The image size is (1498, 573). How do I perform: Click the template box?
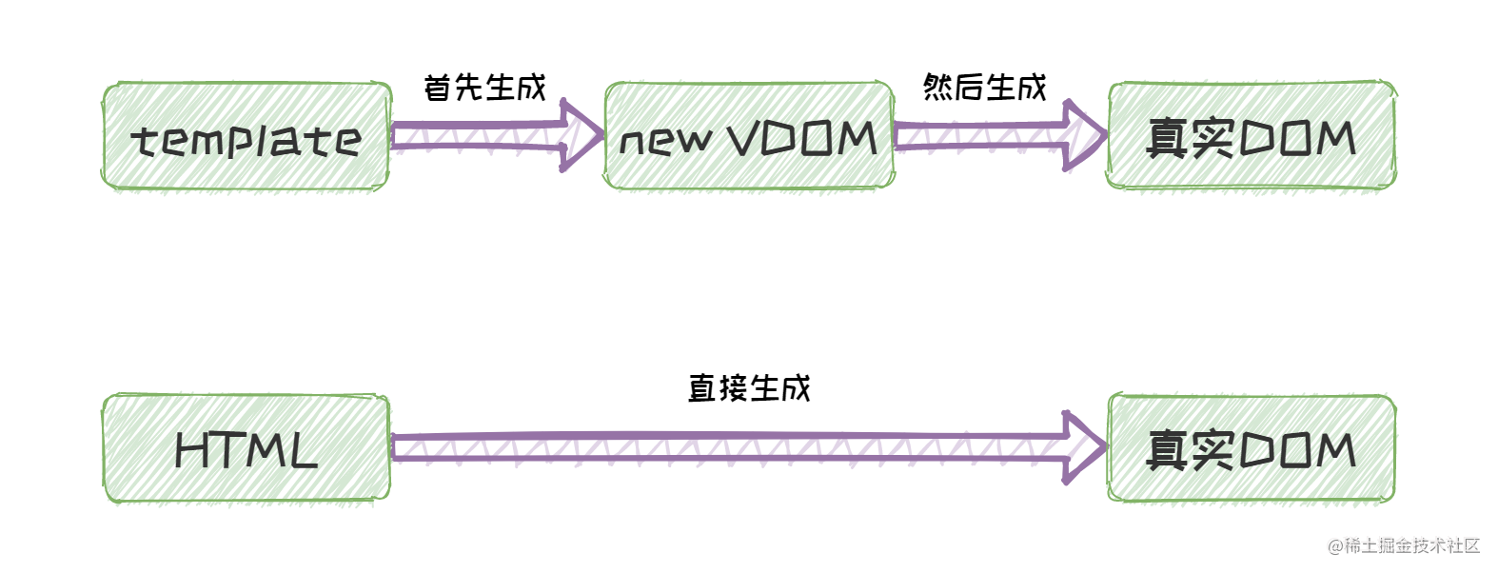(x=246, y=138)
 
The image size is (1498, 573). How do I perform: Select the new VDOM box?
(x=749, y=136)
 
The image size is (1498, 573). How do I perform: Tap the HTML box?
(x=246, y=448)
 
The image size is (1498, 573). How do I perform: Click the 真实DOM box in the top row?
(x=1251, y=136)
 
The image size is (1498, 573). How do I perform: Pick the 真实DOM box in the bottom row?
(x=1251, y=448)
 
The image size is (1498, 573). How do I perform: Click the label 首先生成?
(x=484, y=88)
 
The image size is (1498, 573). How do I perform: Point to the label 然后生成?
(x=984, y=88)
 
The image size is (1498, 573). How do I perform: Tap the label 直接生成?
(x=749, y=388)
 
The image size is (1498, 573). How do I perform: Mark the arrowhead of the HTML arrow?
(x=1083, y=446)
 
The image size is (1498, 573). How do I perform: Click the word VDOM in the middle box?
(x=801, y=139)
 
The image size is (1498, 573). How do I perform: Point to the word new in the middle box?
(x=665, y=142)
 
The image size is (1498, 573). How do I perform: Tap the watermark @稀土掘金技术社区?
(x=1404, y=545)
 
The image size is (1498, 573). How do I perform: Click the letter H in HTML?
(x=194, y=450)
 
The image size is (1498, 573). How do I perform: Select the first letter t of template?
(x=143, y=142)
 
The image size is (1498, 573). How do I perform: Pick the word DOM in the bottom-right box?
(x=1296, y=449)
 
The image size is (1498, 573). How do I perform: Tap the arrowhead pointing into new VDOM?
(x=581, y=136)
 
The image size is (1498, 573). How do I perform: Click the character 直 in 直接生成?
(x=702, y=388)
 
